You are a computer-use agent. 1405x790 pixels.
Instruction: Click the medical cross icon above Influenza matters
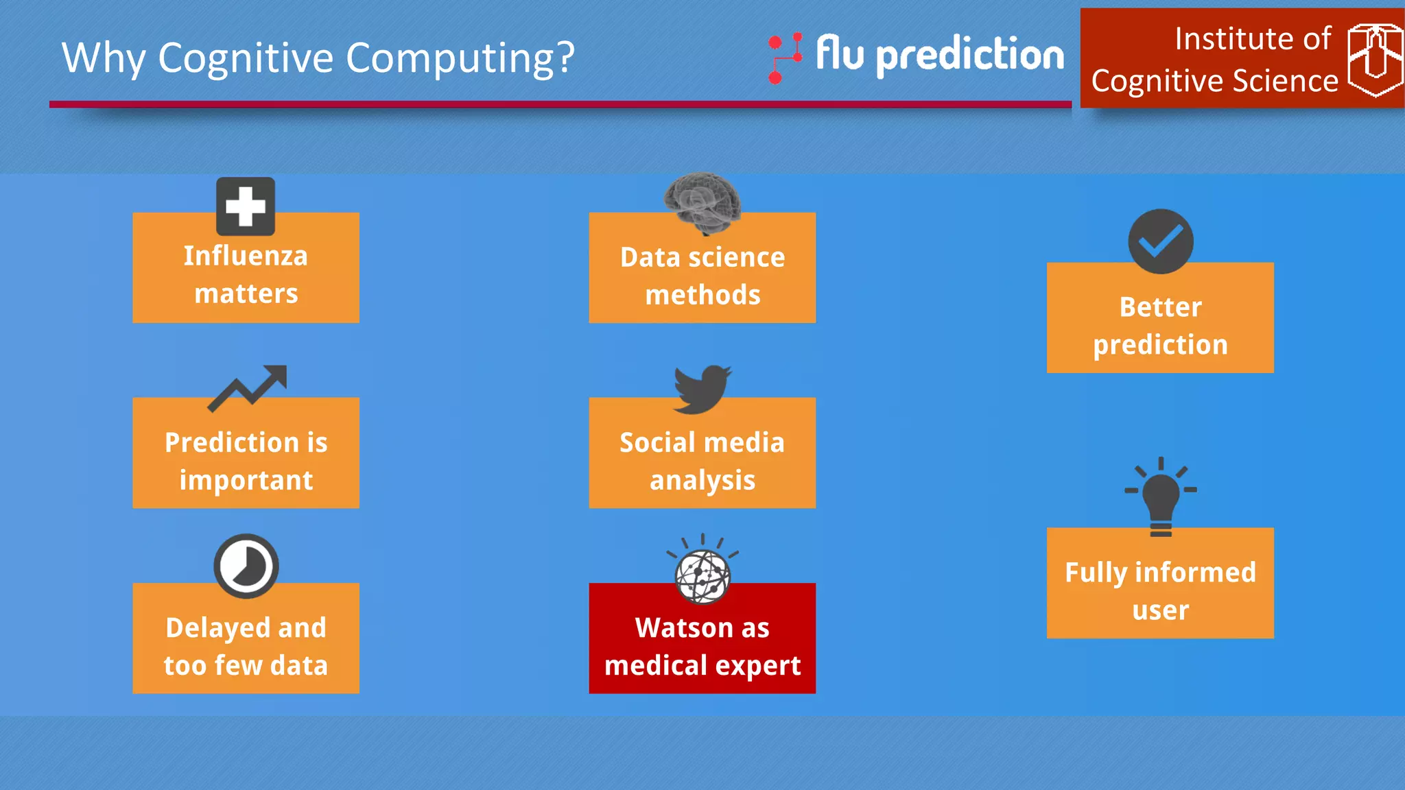pos(246,206)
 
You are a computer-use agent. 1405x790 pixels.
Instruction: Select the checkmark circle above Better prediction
pos(1160,241)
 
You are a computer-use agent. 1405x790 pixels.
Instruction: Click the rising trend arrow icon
pos(248,388)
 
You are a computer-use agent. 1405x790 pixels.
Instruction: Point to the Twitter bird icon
pos(702,389)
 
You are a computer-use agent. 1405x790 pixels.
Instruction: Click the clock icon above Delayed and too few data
pos(246,566)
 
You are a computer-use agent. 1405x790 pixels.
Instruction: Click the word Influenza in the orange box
pos(246,256)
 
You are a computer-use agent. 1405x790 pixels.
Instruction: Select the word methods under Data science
pos(702,295)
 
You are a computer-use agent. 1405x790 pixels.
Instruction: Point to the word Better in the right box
pos(1160,307)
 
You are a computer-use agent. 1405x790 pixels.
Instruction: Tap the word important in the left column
pos(246,480)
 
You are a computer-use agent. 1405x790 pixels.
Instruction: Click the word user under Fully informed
pos(1160,610)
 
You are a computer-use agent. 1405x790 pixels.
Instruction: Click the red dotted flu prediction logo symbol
pos(784,58)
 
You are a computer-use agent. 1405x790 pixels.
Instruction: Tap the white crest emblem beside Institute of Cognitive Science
pos(1374,59)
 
